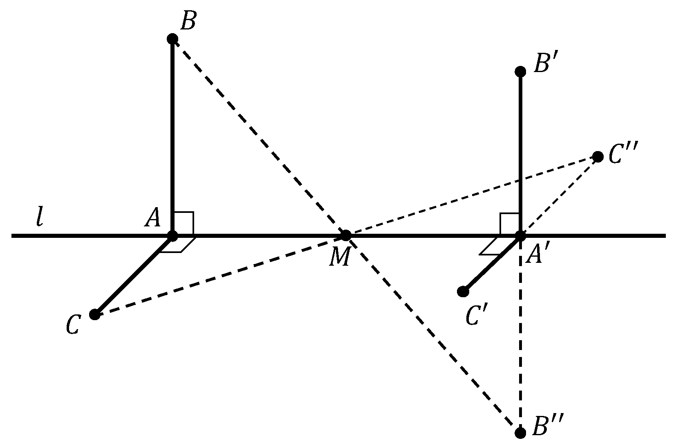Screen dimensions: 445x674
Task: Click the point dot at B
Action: coord(172,39)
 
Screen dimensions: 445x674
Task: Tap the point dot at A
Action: coord(172,236)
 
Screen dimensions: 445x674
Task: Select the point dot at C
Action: coord(95,314)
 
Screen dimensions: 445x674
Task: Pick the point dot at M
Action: coord(346,235)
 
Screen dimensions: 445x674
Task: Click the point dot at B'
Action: coord(520,72)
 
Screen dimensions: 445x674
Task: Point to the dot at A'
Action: coord(520,236)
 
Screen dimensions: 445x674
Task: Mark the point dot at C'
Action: coord(463,291)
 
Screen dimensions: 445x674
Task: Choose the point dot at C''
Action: coord(598,156)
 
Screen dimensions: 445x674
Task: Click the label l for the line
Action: coord(39,217)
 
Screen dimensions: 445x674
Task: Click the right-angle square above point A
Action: coord(183,223)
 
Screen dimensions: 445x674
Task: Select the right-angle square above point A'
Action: coord(510,224)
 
